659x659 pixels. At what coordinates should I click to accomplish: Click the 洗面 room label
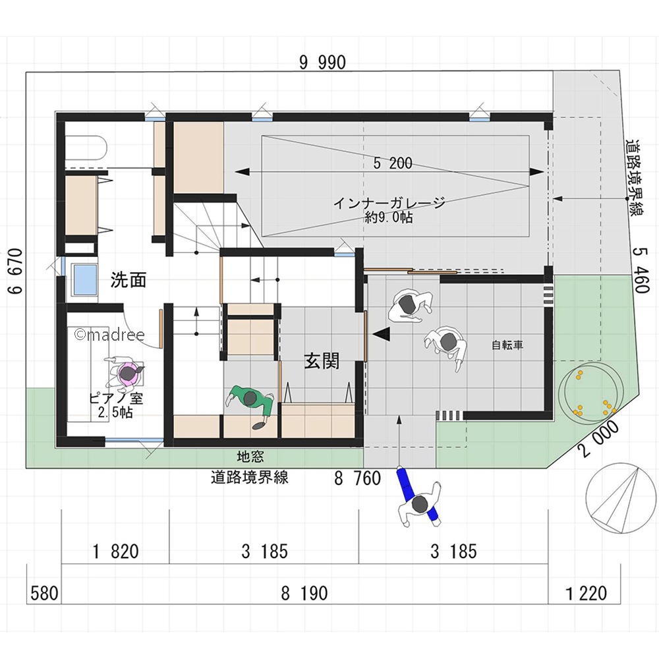click(129, 279)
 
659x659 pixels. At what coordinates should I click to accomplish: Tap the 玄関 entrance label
click(322, 360)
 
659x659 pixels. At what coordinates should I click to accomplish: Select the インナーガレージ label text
click(389, 204)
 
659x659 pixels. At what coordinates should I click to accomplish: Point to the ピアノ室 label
click(116, 398)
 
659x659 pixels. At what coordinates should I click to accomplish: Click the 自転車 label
click(507, 345)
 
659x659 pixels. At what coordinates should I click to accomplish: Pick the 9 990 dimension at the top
click(322, 63)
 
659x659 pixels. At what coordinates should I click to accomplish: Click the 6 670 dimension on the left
click(15, 271)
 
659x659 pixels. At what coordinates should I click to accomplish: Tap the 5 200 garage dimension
click(393, 163)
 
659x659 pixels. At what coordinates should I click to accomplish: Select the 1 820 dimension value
click(115, 552)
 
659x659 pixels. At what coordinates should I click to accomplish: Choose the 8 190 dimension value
click(304, 594)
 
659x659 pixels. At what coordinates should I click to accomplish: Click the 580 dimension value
click(44, 594)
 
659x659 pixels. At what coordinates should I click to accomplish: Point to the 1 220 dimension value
click(587, 594)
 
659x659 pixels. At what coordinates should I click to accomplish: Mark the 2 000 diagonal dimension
click(599, 439)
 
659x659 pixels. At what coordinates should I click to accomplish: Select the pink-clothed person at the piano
click(125, 372)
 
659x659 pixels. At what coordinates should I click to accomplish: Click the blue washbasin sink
click(84, 279)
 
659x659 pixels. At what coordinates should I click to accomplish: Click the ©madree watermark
click(109, 335)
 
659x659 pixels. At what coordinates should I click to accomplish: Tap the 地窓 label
click(250, 457)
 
